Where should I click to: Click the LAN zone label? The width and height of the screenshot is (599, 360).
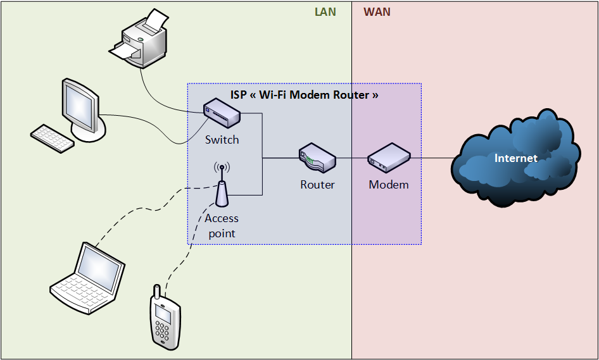tap(325, 11)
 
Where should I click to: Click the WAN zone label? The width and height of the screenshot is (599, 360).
tap(377, 11)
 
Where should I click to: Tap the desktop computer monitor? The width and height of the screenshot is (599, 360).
tap(81, 105)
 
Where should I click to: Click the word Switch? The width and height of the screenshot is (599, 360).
tap(222, 140)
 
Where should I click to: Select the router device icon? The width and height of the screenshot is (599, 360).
tap(317, 157)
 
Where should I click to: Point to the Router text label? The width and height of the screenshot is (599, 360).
tap(317, 185)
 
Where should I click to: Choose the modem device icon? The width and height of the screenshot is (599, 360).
tap(389, 158)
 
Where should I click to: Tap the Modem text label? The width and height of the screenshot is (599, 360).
tap(389, 185)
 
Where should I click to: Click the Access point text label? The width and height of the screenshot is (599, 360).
tap(222, 226)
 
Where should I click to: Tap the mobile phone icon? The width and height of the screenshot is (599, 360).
tap(165, 319)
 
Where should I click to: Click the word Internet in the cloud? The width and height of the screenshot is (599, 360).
tap(515, 158)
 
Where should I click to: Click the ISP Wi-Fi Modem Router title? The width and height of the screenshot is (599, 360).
tap(304, 95)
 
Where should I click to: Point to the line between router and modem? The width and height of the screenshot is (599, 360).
tap(351, 158)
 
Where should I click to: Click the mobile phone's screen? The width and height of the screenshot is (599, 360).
tap(163, 314)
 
